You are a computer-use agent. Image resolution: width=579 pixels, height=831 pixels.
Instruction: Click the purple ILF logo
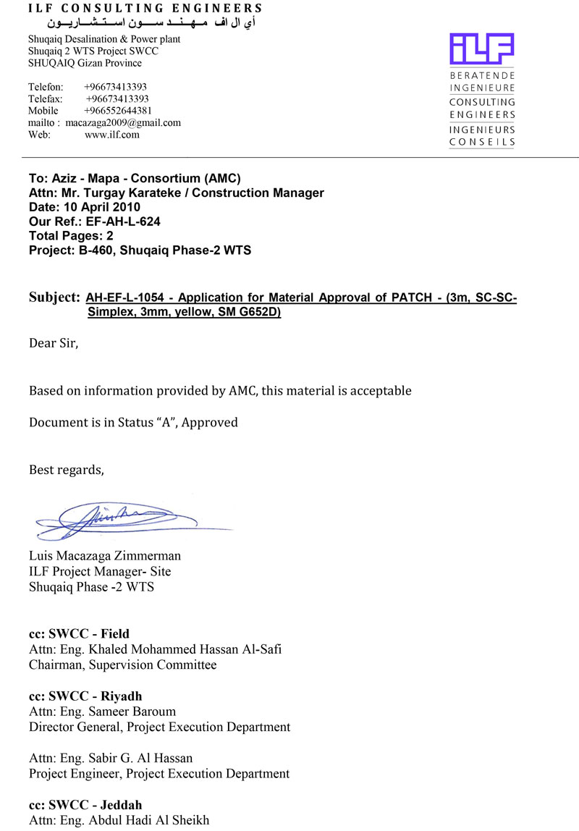pos(481,48)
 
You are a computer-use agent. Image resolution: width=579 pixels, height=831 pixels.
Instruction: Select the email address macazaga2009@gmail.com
pos(123,123)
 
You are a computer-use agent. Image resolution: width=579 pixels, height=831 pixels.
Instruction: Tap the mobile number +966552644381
pos(118,111)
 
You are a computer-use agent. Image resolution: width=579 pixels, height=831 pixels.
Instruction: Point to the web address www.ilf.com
pos(112,135)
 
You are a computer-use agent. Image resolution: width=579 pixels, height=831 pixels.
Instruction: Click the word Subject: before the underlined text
pos(54,298)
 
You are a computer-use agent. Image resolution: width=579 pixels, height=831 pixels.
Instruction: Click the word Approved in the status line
pos(209,422)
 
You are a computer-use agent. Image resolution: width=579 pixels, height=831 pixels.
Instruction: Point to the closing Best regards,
pos(67,470)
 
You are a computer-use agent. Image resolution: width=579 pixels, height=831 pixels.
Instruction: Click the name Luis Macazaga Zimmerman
pos(105,556)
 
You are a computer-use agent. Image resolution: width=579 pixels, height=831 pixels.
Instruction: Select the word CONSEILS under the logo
pos(482,142)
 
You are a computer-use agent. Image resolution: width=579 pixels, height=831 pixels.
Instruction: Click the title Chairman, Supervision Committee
pos(122,665)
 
